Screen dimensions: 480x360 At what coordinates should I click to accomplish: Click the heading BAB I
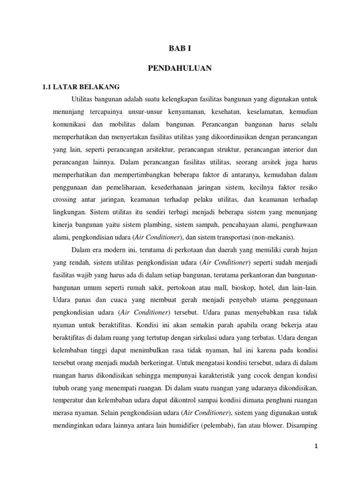click(x=180, y=47)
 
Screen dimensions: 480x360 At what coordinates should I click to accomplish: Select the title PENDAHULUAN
click(x=180, y=68)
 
